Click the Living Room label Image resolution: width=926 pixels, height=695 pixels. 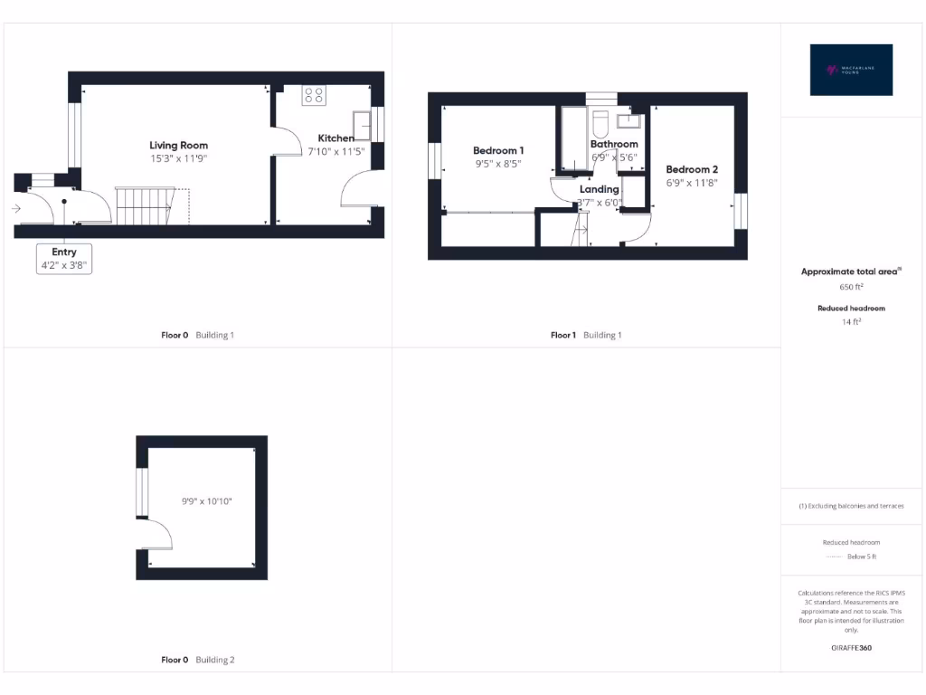pos(178,145)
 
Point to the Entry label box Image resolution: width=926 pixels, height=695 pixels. pos(64,259)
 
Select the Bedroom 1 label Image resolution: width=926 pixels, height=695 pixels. pos(498,150)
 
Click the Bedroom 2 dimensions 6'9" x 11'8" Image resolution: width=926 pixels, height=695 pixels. pos(692,183)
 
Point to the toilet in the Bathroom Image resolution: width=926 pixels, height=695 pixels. pos(601,124)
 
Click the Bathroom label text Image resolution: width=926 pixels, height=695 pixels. pos(614,144)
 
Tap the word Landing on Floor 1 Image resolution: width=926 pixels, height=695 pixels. pos(599,189)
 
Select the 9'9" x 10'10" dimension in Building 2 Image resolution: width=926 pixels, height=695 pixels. pos(207,500)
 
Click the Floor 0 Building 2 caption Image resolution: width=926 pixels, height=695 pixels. pos(197,660)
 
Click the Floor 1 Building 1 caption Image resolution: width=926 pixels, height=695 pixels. pos(586,335)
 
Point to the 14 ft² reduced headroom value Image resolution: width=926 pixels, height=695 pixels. pos(852,321)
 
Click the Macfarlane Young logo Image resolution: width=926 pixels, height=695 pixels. pos(852,70)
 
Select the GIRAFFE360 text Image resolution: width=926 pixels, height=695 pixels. pos(852,648)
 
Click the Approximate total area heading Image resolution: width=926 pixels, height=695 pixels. pos(852,271)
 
